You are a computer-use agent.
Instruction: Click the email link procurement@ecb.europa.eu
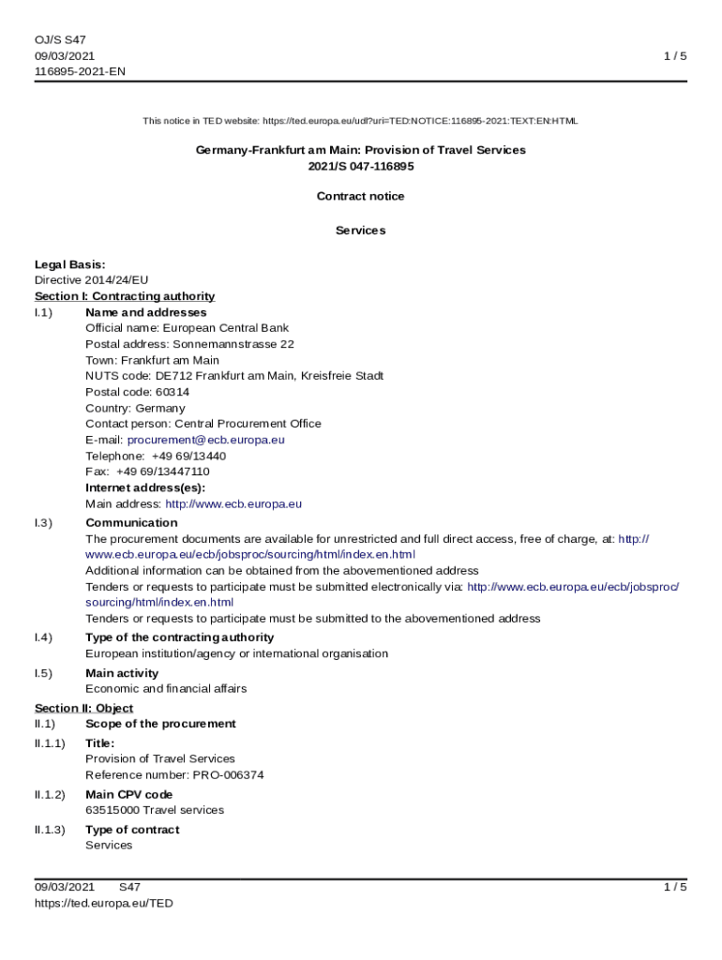coord(205,440)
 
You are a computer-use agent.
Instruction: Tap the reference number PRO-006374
coord(228,775)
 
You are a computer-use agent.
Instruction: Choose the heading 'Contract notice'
coord(360,196)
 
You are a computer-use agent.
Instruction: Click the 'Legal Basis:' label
coord(69,264)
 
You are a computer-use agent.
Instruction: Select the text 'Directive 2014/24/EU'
coord(91,279)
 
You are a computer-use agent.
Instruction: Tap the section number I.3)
coord(43,522)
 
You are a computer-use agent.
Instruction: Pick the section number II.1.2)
coord(50,794)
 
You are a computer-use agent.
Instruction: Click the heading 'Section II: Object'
coord(83,708)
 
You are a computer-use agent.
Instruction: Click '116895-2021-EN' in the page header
coord(80,71)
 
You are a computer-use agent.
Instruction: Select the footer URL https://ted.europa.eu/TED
coord(103,903)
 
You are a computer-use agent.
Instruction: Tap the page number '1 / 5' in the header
coord(675,55)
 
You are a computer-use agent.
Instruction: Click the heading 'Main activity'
coord(122,673)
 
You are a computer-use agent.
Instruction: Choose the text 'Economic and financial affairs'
coord(166,688)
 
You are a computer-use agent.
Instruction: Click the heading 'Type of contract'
coord(131,830)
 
